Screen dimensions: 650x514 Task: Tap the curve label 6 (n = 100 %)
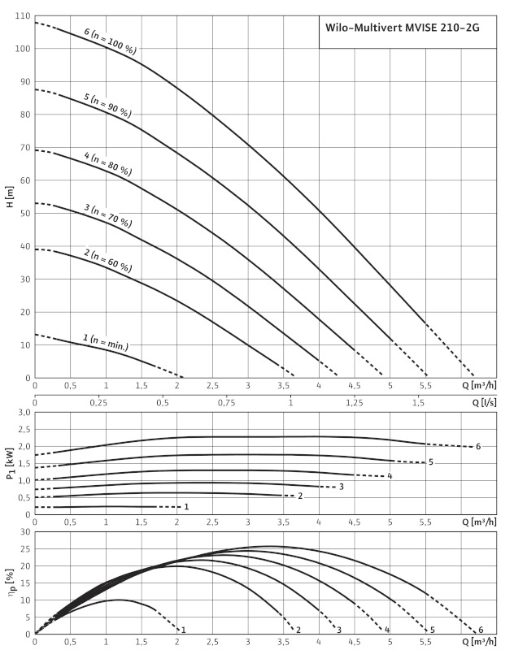pos(110,41)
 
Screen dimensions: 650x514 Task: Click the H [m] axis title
pos(10,197)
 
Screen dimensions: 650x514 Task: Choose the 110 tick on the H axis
pos(22,16)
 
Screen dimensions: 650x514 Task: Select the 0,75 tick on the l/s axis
pos(226,403)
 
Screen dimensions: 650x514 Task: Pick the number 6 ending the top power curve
pos(479,446)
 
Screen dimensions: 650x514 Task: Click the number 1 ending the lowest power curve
pos(186,507)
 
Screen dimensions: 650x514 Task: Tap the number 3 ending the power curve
pos(342,487)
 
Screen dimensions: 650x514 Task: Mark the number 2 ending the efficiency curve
pos(298,630)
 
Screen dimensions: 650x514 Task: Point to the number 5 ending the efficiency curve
pos(433,630)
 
